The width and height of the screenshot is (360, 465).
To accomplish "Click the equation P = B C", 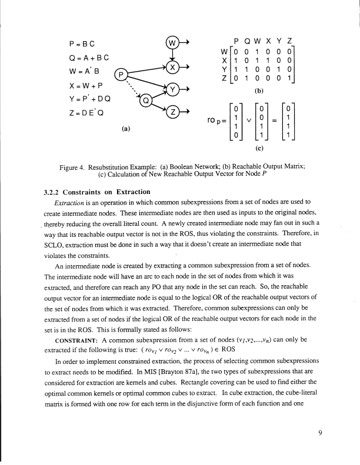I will [x=82, y=43].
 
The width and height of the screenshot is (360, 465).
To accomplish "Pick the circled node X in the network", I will [x=173, y=66].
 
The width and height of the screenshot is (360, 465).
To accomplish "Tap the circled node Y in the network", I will [x=173, y=89].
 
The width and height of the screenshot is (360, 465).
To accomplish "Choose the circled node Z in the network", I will [x=173, y=113].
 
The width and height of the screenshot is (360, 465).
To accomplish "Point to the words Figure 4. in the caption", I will [x=75, y=167].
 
